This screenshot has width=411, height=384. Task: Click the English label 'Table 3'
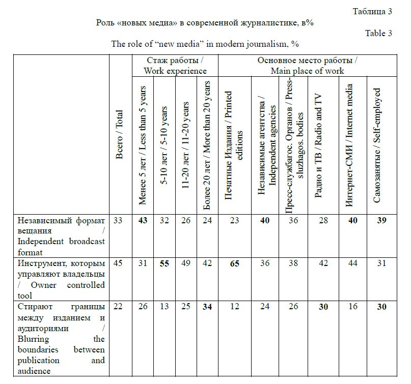(x=378, y=34)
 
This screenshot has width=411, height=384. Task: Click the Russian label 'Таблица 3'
(x=372, y=12)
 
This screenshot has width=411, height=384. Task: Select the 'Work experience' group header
(x=175, y=66)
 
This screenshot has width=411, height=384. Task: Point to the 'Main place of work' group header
(x=307, y=66)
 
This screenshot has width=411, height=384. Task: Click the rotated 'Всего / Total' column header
(x=120, y=135)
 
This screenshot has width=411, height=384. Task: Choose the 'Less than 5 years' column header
(x=143, y=145)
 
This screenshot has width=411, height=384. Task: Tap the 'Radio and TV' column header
(x=318, y=145)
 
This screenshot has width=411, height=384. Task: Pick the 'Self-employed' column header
(x=377, y=145)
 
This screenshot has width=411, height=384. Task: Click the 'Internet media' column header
(x=349, y=145)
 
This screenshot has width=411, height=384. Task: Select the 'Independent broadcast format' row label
(x=61, y=236)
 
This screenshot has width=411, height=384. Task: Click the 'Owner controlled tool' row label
(x=61, y=279)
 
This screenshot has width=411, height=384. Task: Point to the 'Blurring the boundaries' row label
(x=61, y=339)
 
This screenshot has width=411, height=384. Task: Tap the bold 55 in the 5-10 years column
(x=165, y=263)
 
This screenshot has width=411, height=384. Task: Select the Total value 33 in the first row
(x=118, y=220)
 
